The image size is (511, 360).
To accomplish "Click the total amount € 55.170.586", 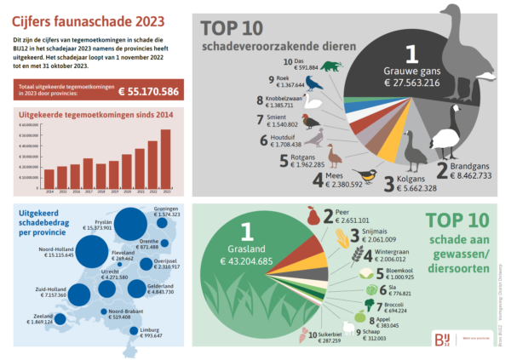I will click(147, 91).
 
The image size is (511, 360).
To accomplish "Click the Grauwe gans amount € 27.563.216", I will click(411, 83).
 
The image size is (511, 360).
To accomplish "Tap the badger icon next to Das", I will click(330, 66).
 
